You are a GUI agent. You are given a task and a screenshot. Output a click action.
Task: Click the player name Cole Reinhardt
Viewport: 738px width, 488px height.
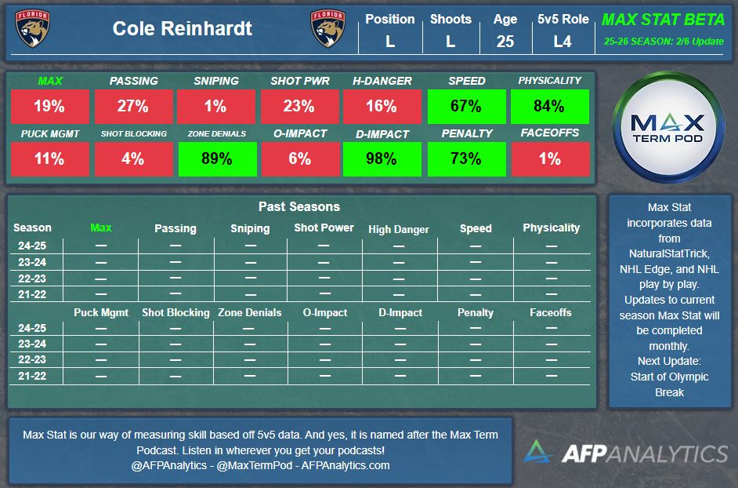click(183, 29)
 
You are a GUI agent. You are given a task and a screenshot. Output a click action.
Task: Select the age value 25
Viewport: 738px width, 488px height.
click(505, 42)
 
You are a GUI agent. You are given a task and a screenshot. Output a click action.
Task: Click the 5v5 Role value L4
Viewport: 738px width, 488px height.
click(563, 42)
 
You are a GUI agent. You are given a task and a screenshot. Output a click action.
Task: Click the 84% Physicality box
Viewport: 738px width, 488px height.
click(549, 107)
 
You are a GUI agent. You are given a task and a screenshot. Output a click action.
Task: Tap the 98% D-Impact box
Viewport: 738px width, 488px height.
click(382, 158)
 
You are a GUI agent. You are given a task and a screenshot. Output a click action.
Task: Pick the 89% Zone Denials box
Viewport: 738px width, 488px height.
click(216, 158)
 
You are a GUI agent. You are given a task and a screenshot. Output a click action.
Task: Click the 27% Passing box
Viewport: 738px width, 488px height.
click(133, 107)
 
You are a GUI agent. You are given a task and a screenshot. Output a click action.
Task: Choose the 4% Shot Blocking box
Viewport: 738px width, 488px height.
click(133, 158)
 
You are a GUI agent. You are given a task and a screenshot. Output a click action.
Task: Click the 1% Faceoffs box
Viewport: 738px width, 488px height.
click(549, 158)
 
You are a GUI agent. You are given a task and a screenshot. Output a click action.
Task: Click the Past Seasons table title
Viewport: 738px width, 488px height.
click(299, 207)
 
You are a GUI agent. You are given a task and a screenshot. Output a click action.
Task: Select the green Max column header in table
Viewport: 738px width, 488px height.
click(101, 228)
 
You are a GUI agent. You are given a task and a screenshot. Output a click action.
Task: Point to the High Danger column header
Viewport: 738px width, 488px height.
click(399, 229)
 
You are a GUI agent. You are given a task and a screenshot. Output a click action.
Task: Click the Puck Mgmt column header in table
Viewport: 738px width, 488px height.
click(101, 312)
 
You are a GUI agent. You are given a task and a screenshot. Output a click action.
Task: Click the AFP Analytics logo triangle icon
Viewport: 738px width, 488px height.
click(539, 452)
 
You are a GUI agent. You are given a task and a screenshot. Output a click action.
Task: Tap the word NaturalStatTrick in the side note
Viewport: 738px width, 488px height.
click(669, 253)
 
